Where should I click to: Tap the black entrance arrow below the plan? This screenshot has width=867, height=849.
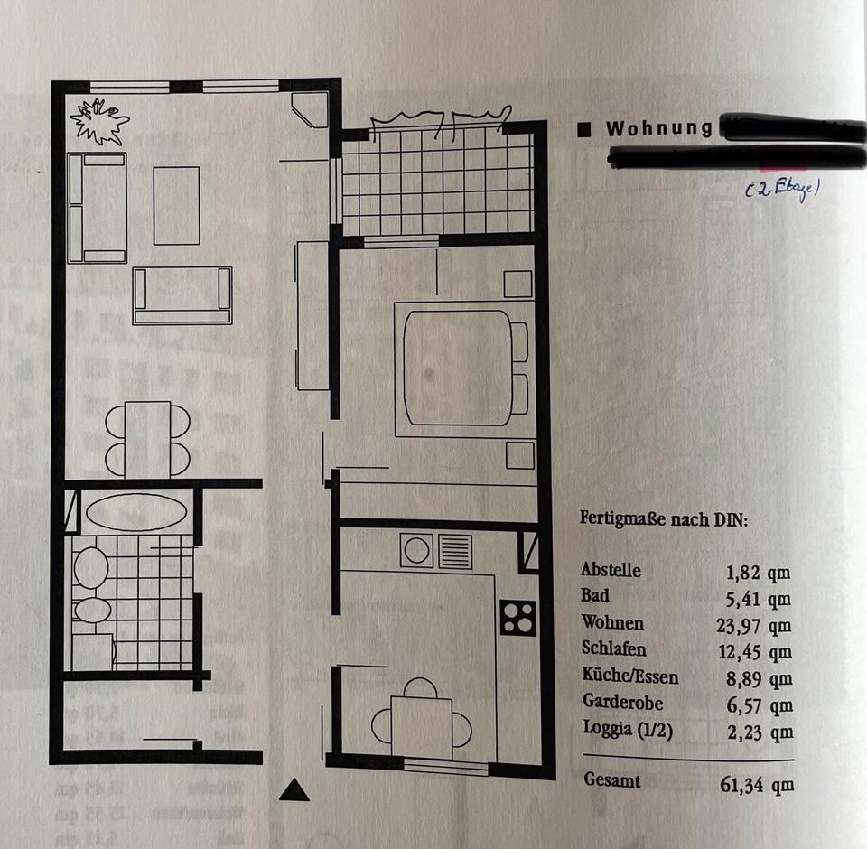[294, 790]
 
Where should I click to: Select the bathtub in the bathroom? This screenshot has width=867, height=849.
[135, 512]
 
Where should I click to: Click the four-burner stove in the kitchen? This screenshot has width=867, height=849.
[517, 618]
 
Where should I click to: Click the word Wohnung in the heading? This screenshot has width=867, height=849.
[658, 128]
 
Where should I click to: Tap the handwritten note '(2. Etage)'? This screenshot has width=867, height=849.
[781, 189]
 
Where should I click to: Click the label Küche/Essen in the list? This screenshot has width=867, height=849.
[629, 676]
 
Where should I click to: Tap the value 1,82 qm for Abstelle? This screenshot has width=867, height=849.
[759, 571]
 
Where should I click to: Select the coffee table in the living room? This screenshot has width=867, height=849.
[176, 205]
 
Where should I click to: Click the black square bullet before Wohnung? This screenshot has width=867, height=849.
[584, 129]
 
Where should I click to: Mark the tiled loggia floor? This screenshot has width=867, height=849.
[438, 181]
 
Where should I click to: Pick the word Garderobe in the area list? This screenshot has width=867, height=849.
[622, 702]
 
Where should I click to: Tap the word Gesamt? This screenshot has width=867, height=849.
[612, 780]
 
